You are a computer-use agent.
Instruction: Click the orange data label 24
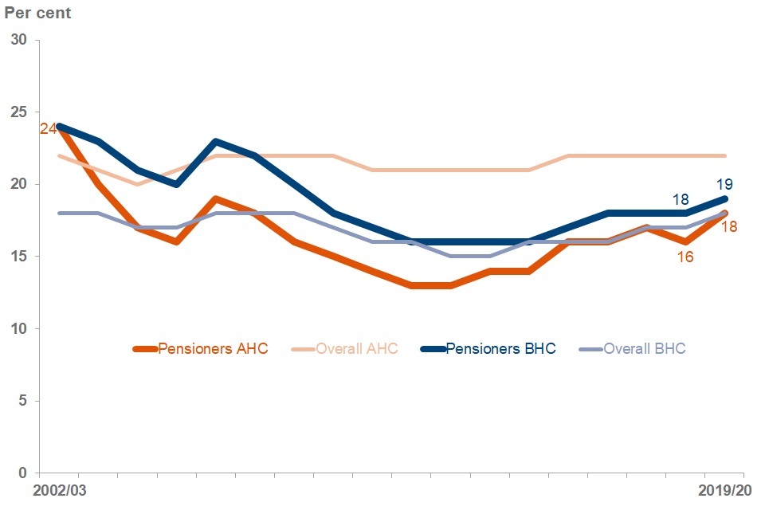click(47, 128)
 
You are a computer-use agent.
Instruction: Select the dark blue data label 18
click(681, 198)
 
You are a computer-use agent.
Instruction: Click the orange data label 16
click(685, 257)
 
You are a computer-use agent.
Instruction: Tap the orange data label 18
click(728, 226)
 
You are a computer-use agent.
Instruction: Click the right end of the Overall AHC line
click(724, 155)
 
